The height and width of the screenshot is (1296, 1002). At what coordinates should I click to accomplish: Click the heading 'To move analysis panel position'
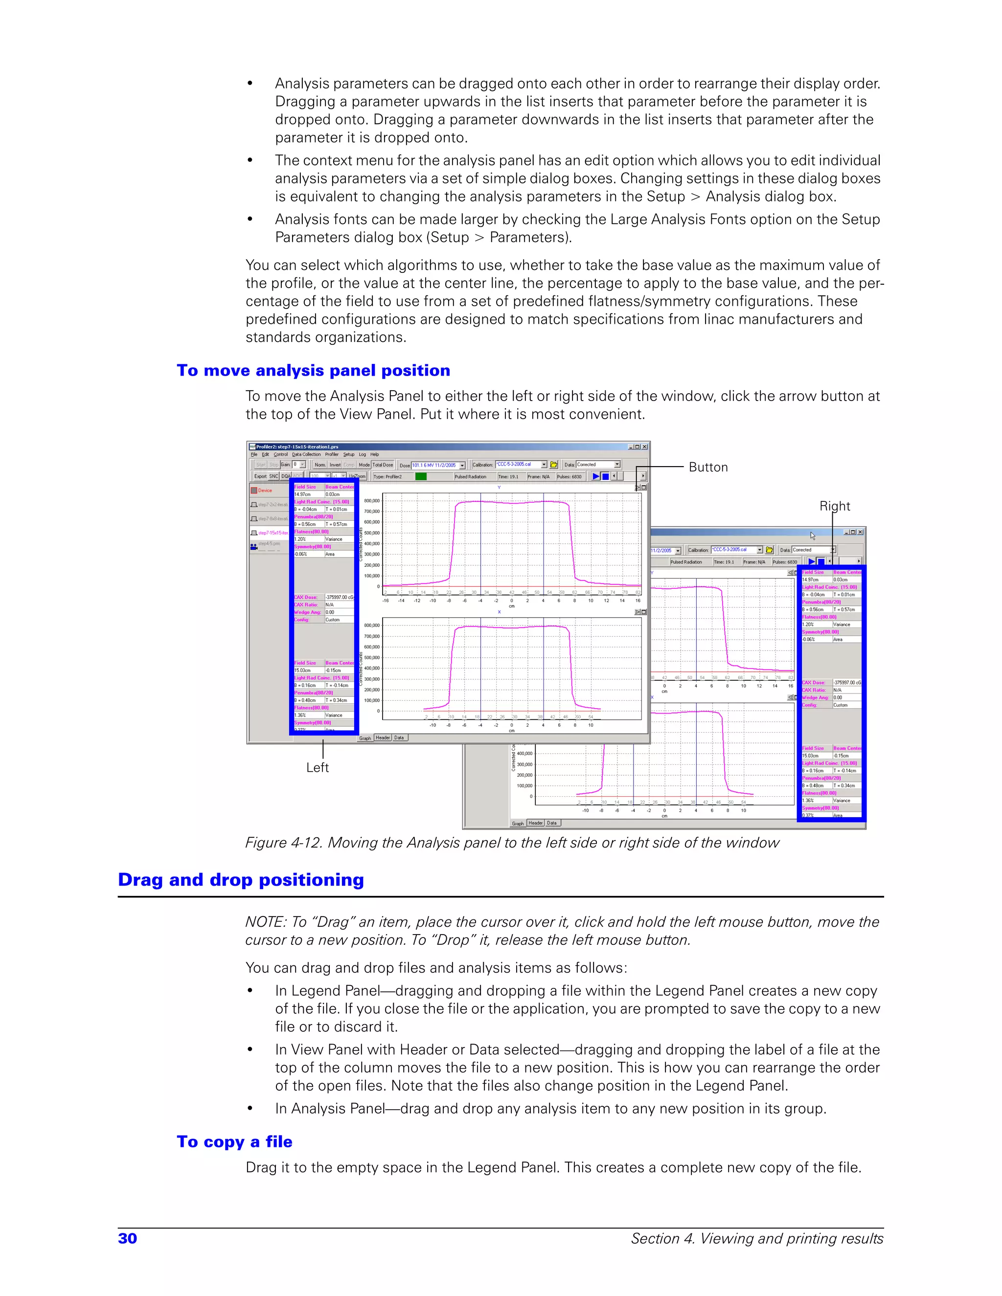(x=314, y=370)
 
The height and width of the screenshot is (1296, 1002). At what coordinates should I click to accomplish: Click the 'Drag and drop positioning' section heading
(x=241, y=879)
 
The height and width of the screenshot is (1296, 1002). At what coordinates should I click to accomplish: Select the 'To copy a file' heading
(x=234, y=1142)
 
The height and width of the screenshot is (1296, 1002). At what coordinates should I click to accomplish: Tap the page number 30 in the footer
(x=128, y=1238)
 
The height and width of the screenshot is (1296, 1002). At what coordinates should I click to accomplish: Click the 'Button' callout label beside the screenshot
(x=708, y=467)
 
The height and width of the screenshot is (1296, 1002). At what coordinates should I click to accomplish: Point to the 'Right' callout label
(x=835, y=506)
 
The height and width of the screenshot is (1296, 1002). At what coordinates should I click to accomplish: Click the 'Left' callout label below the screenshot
(x=317, y=767)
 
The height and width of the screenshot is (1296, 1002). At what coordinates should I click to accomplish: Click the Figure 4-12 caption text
(x=512, y=843)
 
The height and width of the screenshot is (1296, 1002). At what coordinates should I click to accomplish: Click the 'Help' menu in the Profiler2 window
(x=375, y=454)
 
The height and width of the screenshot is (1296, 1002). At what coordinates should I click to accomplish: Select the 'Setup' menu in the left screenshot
(x=349, y=454)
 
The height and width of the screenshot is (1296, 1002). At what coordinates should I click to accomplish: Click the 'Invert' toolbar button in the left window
(x=335, y=465)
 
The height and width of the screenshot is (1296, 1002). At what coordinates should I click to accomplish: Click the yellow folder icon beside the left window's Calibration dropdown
(x=554, y=465)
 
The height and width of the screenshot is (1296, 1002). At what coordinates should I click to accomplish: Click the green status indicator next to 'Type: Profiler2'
(x=421, y=476)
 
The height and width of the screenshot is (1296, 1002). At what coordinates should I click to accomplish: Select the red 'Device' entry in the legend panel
(x=265, y=490)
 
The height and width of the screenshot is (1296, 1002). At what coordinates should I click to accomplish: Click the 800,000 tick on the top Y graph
(x=372, y=501)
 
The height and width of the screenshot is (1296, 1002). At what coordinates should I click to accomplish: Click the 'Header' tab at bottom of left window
(x=383, y=738)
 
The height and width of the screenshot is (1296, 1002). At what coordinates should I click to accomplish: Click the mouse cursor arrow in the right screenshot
(x=813, y=535)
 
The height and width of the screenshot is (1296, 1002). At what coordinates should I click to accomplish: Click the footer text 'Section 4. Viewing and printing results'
(x=757, y=1238)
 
